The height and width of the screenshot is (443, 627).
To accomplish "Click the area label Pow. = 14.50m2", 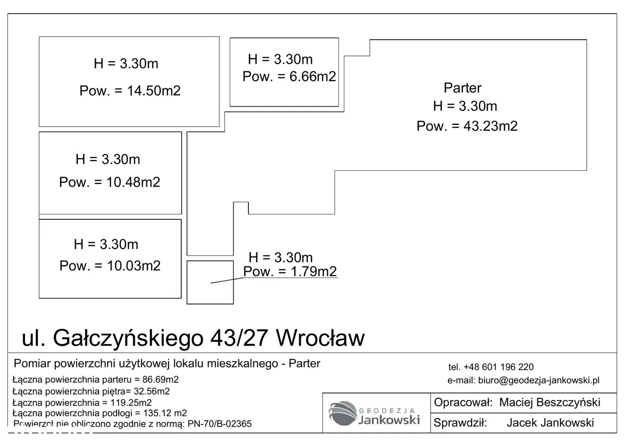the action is [x=130, y=91].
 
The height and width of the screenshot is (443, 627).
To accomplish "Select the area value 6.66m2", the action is [x=313, y=76].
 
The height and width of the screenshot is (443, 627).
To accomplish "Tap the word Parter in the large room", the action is [x=462, y=88].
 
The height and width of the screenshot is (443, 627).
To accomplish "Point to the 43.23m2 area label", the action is [x=467, y=126].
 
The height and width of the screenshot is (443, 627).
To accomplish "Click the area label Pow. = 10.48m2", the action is [x=109, y=182].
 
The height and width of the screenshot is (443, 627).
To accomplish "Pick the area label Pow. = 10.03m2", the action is [x=110, y=265].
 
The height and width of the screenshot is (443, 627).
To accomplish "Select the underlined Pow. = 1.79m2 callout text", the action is [x=289, y=271].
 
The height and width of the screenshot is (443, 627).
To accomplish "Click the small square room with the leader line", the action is [x=210, y=282].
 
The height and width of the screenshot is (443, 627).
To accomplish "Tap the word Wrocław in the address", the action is [x=320, y=338].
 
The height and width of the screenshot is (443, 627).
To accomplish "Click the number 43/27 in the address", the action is [x=239, y=338].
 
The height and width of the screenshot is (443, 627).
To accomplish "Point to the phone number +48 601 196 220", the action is [x=499, y=367].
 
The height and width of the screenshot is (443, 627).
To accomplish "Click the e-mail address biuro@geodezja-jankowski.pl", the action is [x=538, y=380].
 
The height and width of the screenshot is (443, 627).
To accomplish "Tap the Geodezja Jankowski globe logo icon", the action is [x=343, y=413].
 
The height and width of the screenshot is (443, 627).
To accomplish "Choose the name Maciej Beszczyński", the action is [x=550, y=402].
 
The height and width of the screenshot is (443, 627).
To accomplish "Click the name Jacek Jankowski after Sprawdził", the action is [x=550, y=423].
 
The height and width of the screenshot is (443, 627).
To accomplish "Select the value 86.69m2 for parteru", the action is [x=160, y=379].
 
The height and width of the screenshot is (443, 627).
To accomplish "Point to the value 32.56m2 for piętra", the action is [x=152, y=391].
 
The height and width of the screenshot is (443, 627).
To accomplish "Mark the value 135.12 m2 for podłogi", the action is [x=165, y=413].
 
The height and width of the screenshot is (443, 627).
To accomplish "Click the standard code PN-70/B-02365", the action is [x=219, y=424].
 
